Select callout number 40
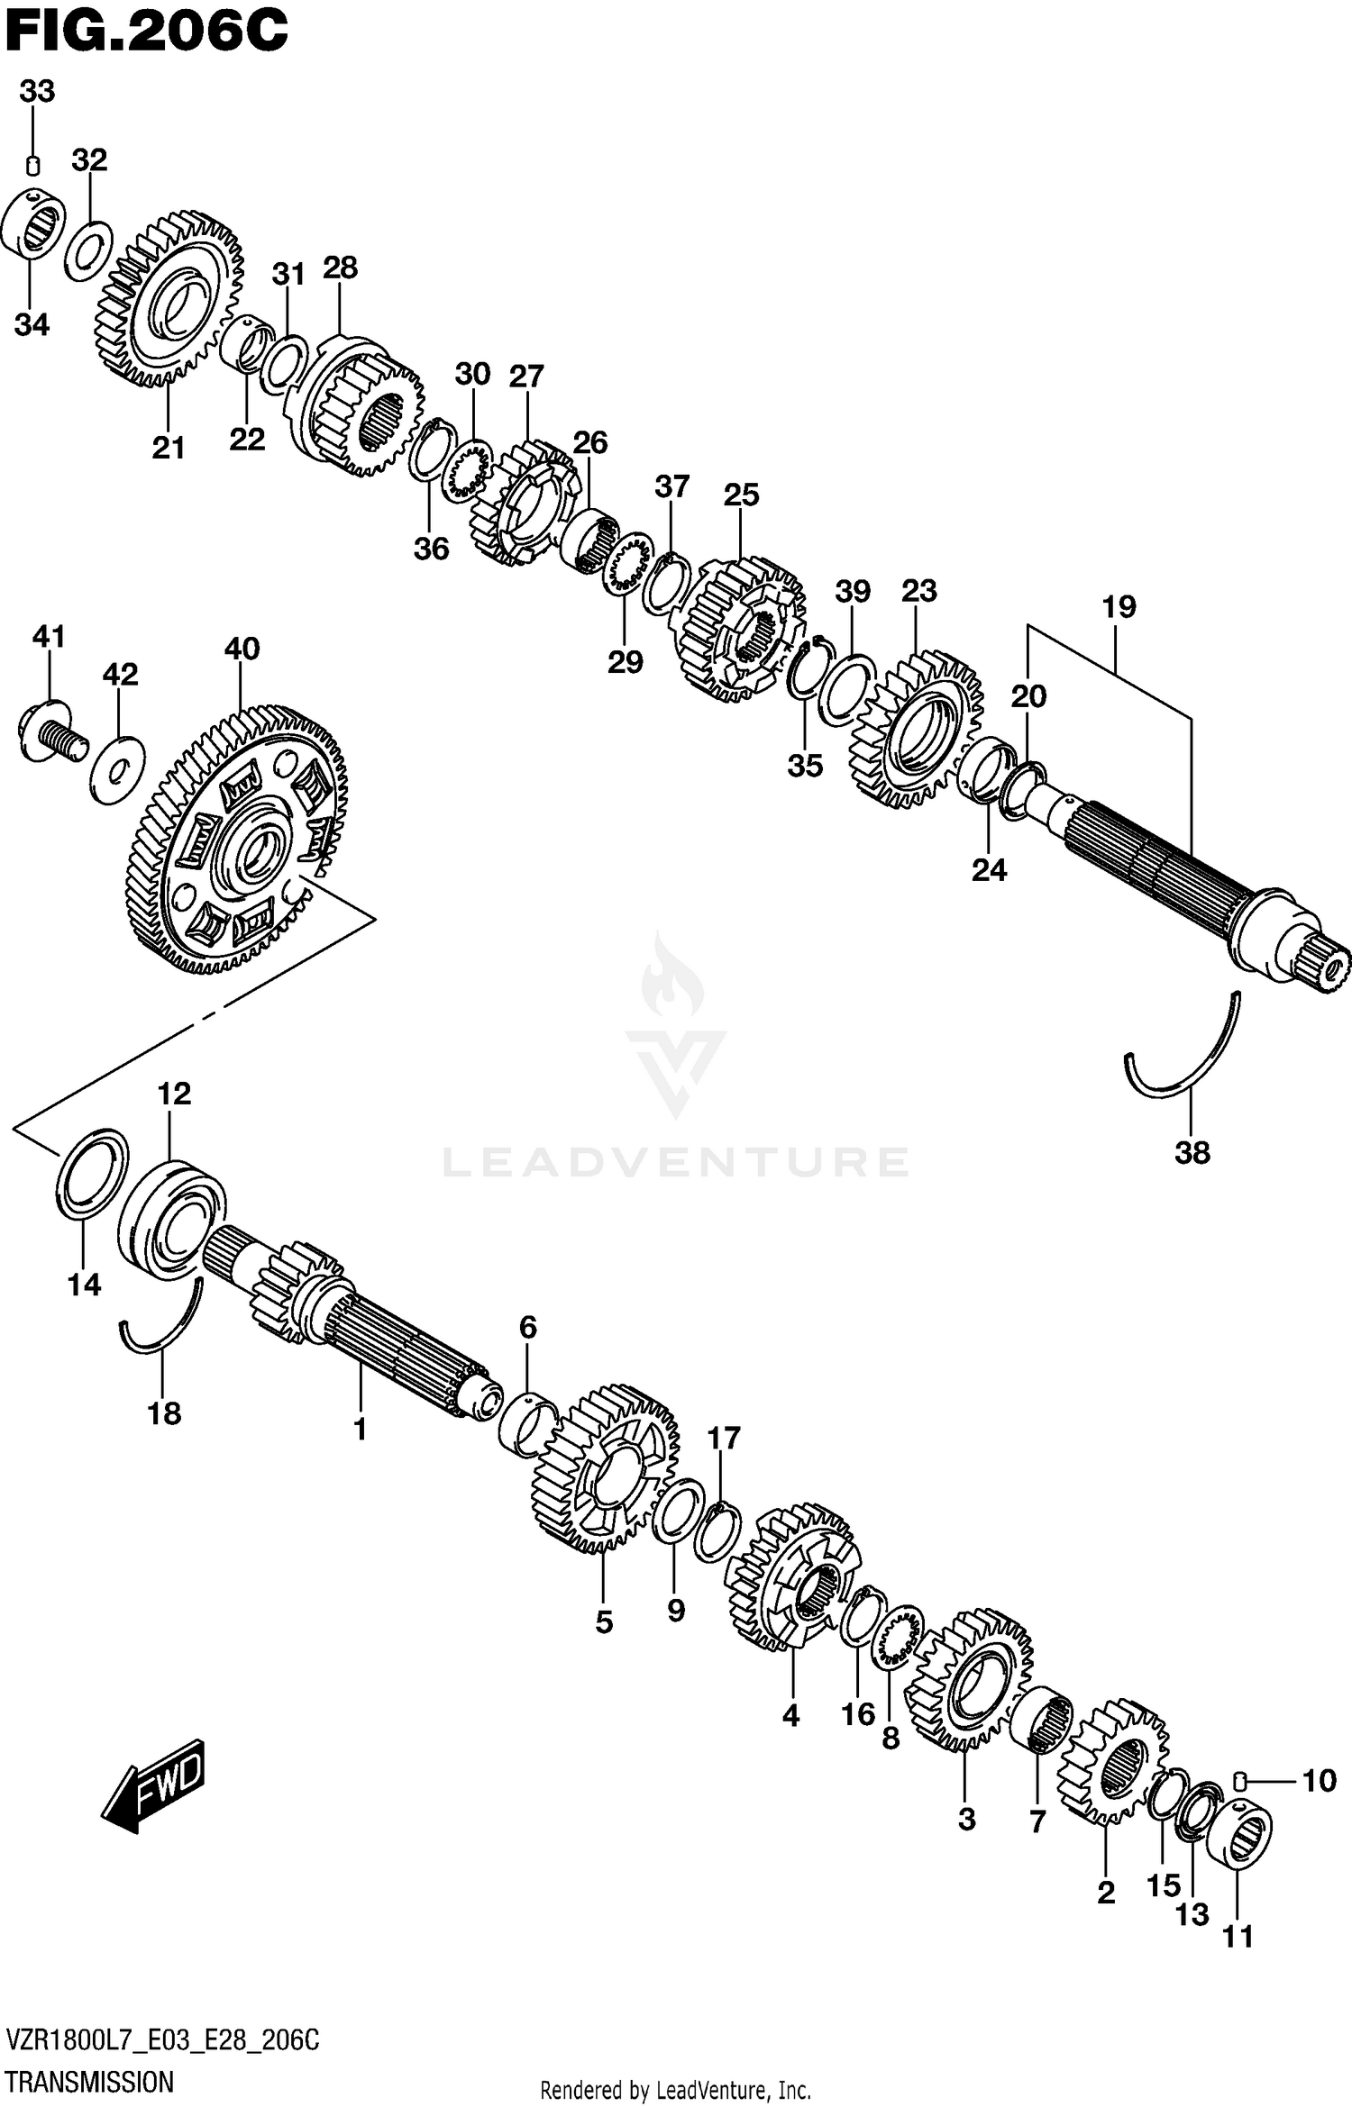242,649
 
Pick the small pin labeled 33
32,166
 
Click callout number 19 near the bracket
1119,607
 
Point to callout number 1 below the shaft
360,1429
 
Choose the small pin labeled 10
1238,1779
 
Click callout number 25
741,495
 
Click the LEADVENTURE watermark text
676,1161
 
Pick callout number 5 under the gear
604,1622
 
